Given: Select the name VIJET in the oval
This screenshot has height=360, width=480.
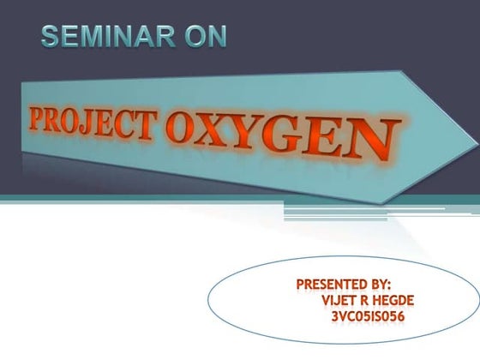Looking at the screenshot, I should (x=339, y=300).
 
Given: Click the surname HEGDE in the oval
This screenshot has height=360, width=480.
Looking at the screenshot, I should (x=402, y=300).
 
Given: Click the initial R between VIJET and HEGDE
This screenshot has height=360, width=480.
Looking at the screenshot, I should (x=369, y=300).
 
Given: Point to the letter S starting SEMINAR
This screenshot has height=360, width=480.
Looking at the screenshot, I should (x=50, y=37).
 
